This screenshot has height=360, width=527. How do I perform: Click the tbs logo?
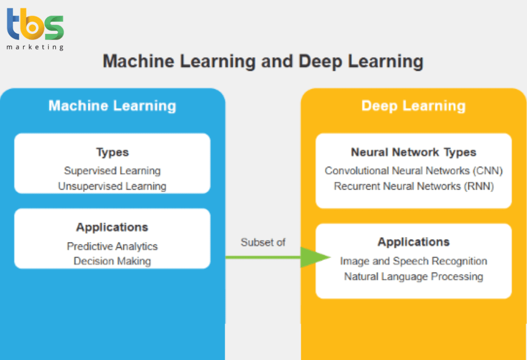click(35, 25)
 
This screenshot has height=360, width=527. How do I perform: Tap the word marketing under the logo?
click(35, 47)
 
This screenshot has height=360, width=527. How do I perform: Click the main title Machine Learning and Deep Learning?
click(263, 61)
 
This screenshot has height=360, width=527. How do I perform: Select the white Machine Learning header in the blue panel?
click(112, 106)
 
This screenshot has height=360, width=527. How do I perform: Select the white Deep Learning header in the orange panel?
click(413, 106)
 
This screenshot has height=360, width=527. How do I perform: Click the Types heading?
click(112, 152)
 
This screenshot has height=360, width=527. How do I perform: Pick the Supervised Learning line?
click(112, 171)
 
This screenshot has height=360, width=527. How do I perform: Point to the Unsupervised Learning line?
click(112, 186)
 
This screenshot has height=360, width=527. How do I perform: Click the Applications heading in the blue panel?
click(112, 227)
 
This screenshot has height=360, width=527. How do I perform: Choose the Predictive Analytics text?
click(112, 246)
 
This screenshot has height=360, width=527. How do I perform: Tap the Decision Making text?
click(112, 261)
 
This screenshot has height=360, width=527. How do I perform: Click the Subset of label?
click(263, 243)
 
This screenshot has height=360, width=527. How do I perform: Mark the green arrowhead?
click(314, 257)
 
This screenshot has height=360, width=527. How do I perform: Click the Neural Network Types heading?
click(413, 152)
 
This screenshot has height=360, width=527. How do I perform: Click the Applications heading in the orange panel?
click(413, 242)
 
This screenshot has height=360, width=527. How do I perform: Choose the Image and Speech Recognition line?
click(413, 261)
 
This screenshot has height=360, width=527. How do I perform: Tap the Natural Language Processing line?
click(413, 276)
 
